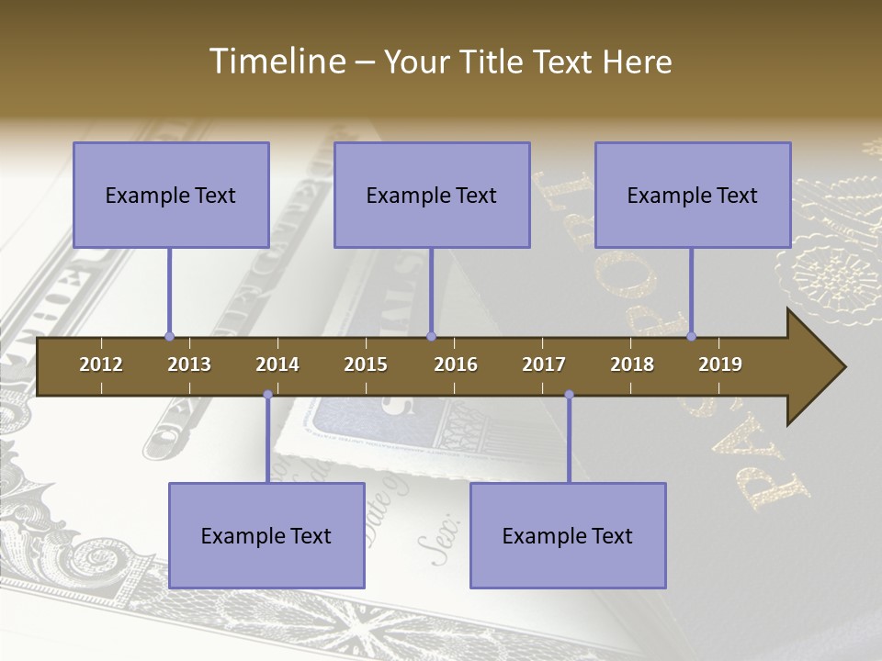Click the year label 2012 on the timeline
[101, 364]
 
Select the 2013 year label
[189, 364]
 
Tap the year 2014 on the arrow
[277, 364]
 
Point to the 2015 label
[366, 364]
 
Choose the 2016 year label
[456, 364]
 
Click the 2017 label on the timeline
[544, 364]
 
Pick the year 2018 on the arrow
[632, 364]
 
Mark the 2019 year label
[720, 364]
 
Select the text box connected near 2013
[171, 195]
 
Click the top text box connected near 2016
[432, 195]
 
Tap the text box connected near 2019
[693, 195]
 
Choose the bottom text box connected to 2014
[266, 535]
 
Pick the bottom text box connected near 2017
[568, 535]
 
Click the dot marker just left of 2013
[169, 336]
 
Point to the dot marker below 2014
[267, 395]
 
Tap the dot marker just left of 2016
[431, 336]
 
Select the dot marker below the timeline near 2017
[569, 395]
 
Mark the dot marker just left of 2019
[691, 336]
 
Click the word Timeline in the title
[276, 62]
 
